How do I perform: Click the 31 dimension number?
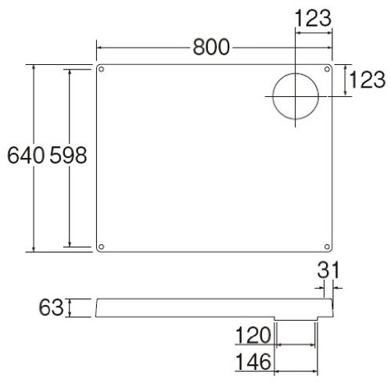[x=328, y=271]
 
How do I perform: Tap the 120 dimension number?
[x=253, y=336]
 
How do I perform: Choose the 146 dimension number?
[x=253, y=362]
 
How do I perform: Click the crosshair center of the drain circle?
[x=296, y=95]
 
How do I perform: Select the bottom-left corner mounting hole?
[x=102, y=246]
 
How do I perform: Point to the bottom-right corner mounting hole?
[x=328, y=246]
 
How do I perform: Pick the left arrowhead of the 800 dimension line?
[x=99, y=48]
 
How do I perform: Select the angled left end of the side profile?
[x=95, y=307]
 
